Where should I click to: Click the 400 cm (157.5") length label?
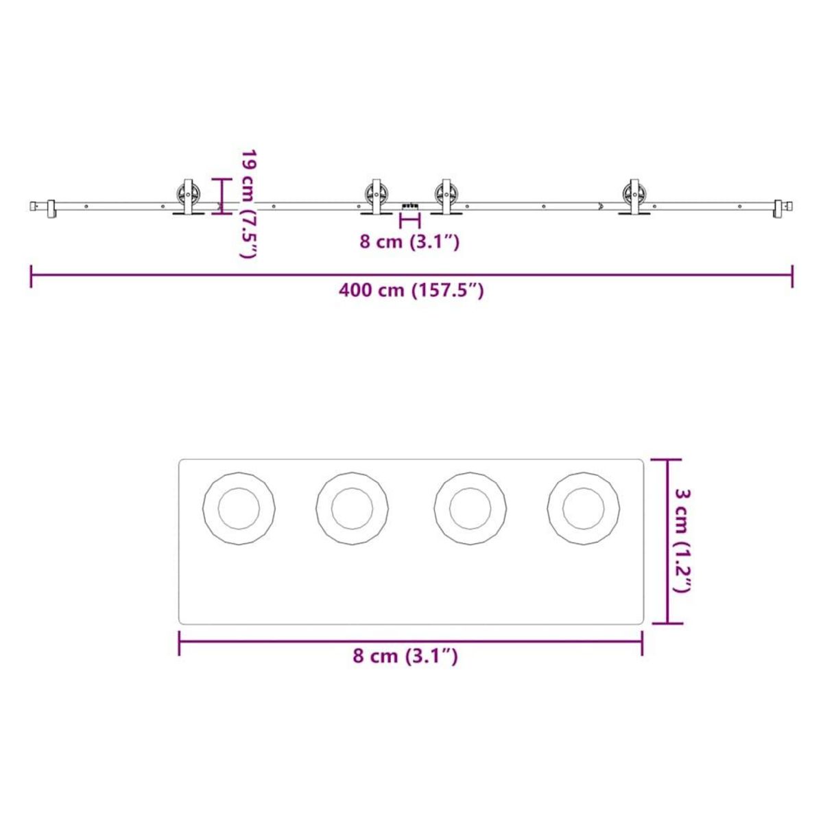[x=411, y=291]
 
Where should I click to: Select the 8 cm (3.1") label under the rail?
[x=409, y=241]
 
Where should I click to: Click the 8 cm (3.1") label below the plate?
[x=405, y=656]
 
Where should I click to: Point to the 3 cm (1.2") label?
[x=683, y=540]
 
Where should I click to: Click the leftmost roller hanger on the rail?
[x=188, y=198]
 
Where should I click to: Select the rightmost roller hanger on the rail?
[x=634, y=198]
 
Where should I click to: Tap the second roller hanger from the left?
[x=375, y=198]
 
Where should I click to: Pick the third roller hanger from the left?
[x=446, y=198]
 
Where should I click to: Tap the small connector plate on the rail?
[x=410, y=205]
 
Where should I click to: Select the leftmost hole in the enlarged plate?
[x=239, y=509]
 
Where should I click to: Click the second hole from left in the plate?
[x=353, y=509]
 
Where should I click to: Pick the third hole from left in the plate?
[x=470, y=509]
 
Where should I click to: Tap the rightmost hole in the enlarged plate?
[x=584, y=509]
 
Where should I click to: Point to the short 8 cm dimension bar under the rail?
[x=409, y=220]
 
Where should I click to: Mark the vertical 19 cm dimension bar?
[x=222, y=196]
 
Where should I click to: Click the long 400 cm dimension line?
[x=411, y=275]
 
